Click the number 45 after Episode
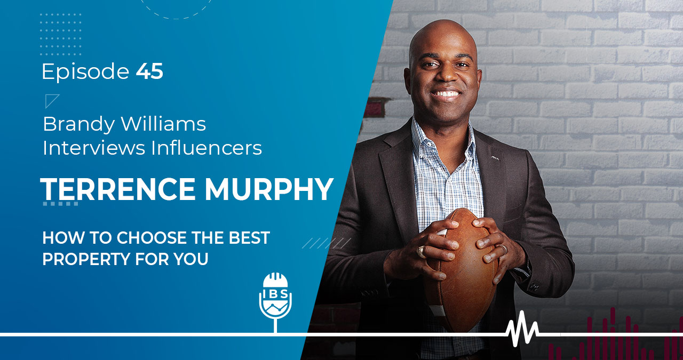click(149, 72)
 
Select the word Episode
click(85, 72)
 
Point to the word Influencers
click(207, 148)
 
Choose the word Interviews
click(94, 148)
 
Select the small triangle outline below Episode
click(52, 100)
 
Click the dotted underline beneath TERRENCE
click(60, 204)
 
